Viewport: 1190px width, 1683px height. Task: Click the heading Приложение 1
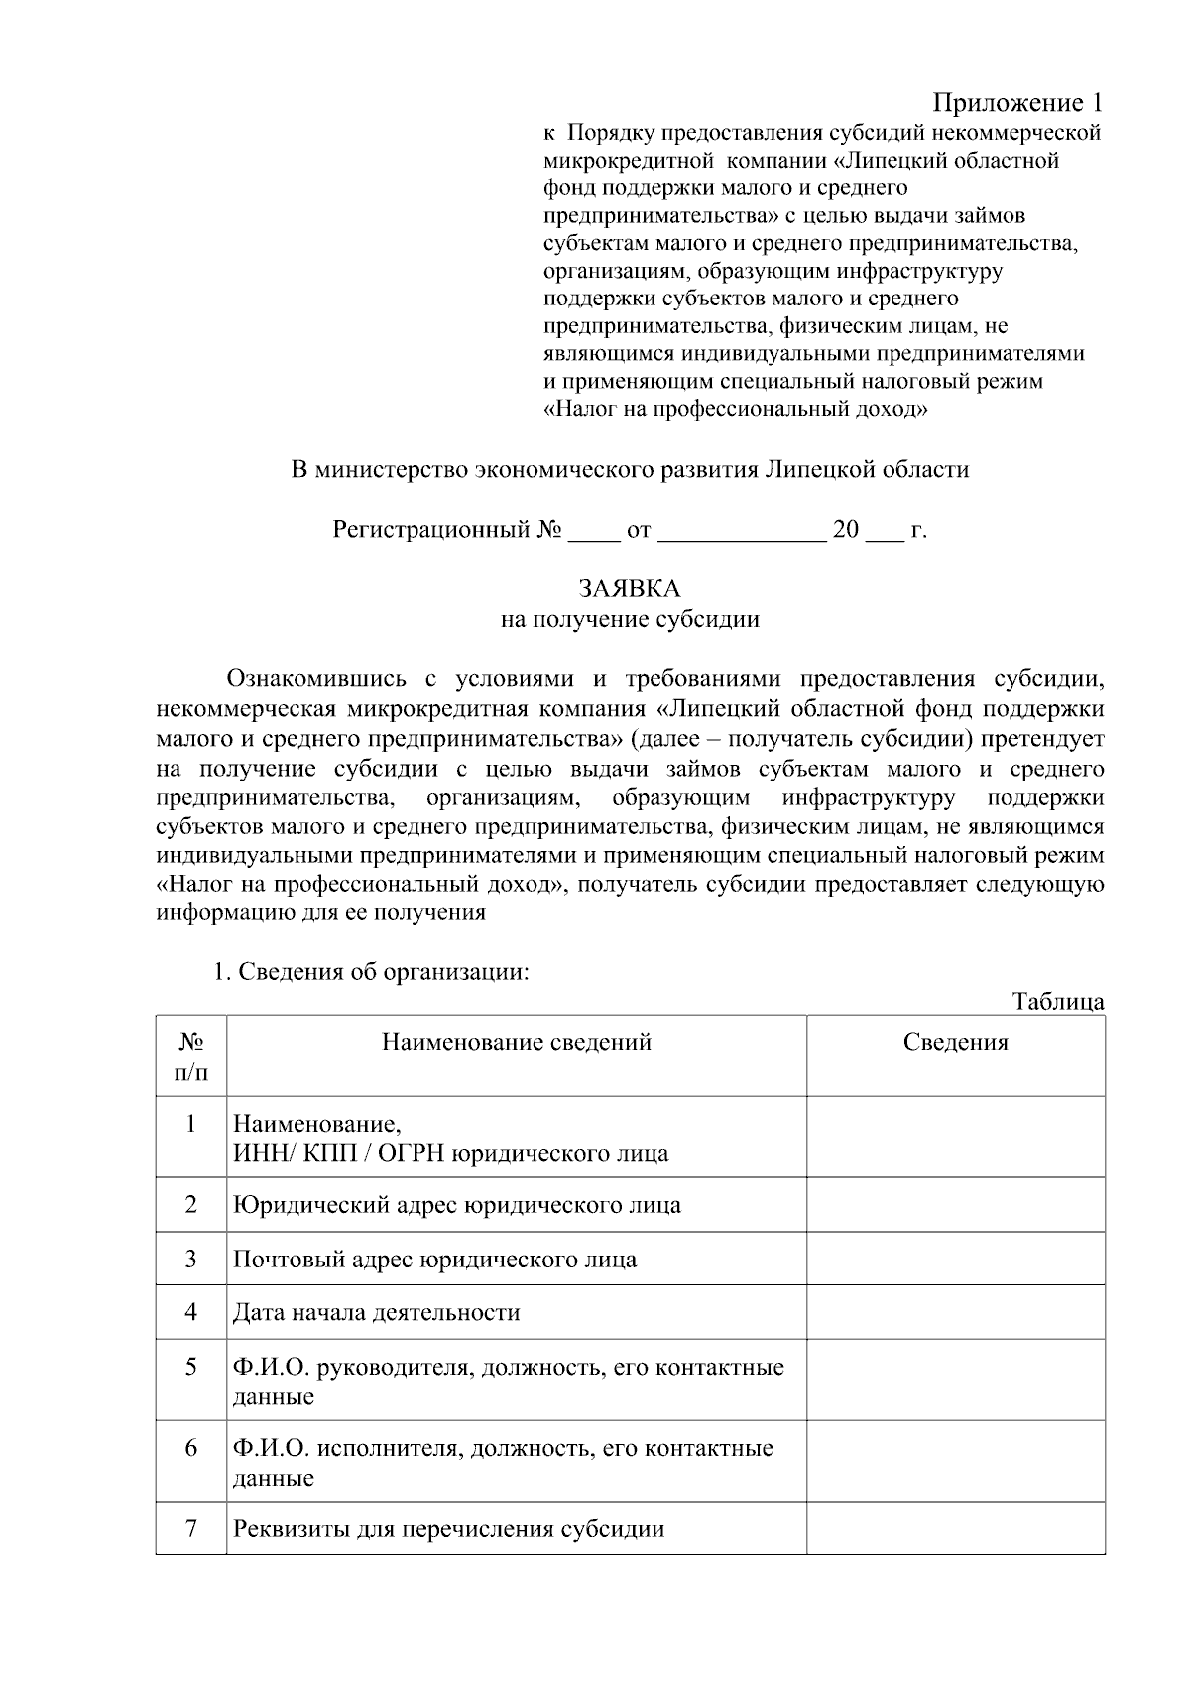click(1017, 103)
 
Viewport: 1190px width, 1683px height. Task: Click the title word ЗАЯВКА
click(630, 589)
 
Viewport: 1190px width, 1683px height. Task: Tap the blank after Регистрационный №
click(592, 531)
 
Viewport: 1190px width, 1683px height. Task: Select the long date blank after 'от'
click(741, 531)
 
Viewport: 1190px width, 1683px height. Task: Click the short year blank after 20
click(885, 531)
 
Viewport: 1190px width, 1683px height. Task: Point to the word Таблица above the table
click(1058, 1001)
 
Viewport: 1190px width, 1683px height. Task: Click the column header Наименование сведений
click(517, 1042)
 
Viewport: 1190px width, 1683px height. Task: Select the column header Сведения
click(955, 1042)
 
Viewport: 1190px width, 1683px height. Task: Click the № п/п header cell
click(191, 1056)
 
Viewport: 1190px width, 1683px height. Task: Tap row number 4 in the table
click(191, 1312)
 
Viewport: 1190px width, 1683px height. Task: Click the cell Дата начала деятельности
click(376, 1313)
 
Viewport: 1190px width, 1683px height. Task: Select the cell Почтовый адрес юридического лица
click(434, 1260)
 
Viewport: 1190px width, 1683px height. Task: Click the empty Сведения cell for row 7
click(955, 1527)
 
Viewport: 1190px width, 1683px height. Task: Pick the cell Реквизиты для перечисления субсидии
click(448, 1528)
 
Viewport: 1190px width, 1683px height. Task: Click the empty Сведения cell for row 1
click(955, 1137)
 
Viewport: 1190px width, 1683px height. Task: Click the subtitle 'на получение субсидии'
click(630, 620)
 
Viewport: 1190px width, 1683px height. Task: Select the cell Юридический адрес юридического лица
click(456, 1205)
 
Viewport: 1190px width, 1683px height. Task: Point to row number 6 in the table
click(191, 1447)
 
